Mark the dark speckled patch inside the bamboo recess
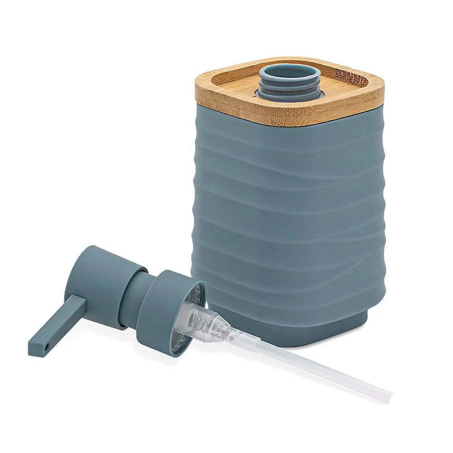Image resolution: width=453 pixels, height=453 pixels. pos(351,75)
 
